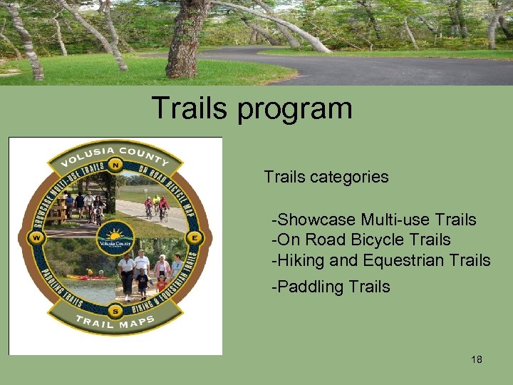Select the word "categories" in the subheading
tap(351, 177)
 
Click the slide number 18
tap(477, 359)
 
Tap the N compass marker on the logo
tap(115, 163)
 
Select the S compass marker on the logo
tap(115, 312)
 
